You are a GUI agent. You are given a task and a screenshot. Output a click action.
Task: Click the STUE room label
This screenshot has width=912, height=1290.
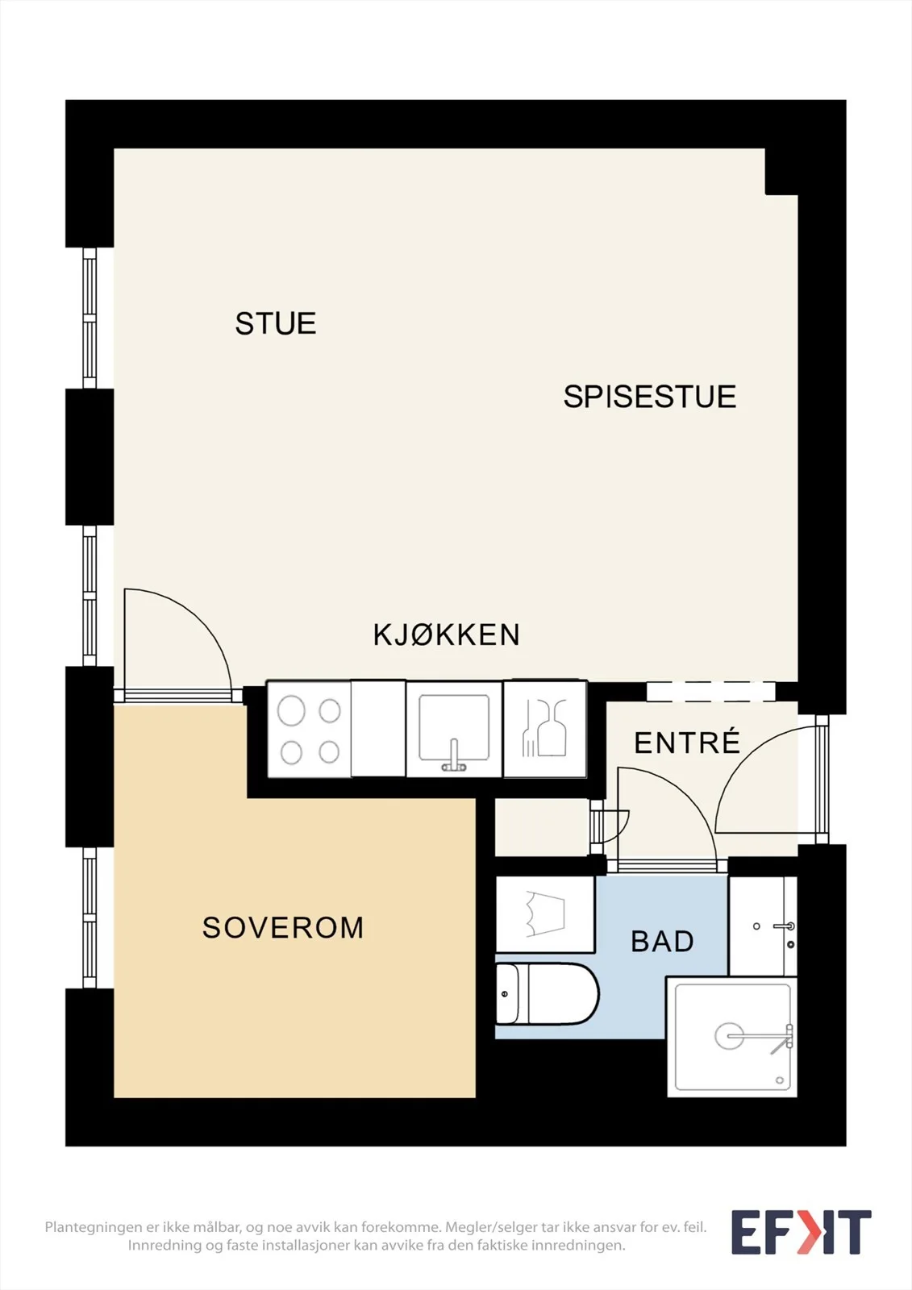[276, 323]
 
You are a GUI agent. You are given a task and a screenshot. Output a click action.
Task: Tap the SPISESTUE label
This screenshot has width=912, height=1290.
[650, 396]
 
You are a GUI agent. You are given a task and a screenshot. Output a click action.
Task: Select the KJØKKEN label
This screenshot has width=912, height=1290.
[447, 635]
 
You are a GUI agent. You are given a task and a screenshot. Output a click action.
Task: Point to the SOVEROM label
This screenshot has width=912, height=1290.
[283, 927]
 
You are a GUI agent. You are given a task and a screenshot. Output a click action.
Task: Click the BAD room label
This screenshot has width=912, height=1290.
[663, 942]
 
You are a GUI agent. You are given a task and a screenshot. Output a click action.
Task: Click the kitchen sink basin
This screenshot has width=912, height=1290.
[454, 728]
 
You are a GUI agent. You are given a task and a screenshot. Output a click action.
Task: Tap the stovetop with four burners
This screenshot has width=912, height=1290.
[310, 729]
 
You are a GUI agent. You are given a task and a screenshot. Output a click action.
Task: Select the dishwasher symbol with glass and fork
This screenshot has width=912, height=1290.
[545, 729]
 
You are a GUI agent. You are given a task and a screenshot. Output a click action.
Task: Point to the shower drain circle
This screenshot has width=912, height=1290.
[730, 1036]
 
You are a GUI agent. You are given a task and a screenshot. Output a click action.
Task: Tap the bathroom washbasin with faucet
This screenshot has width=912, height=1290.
[763, 926]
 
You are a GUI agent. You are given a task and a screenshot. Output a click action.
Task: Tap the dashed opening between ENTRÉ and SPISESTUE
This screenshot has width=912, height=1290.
[710, 692]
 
